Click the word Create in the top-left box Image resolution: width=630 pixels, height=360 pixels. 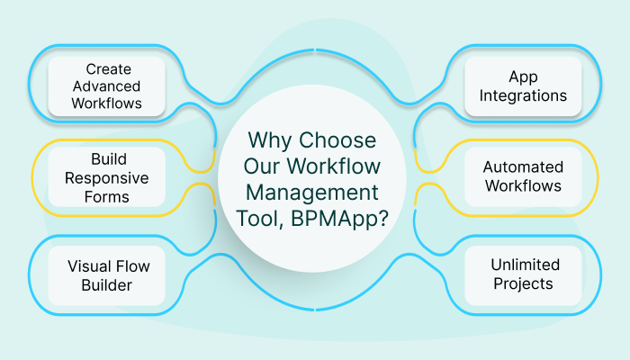click(x=108, y=67)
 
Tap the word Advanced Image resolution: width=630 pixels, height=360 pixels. click(x=108, y=86)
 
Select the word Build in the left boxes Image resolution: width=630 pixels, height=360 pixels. click(x=108, y=159)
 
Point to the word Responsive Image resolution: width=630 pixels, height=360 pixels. click(x=108, y=177)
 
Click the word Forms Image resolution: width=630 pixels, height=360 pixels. click(x=108, y=195)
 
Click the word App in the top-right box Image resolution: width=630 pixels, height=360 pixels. click(x=523, y=76)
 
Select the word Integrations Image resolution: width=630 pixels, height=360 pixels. click(x=523, y=95)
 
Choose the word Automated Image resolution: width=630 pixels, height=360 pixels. click(x=523, y=167)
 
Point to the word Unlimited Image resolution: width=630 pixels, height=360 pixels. click(x=525, y=265)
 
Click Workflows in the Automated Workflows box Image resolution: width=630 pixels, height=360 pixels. click(x=523, y=186)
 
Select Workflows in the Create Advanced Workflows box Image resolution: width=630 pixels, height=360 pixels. click(x=108, y=104)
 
